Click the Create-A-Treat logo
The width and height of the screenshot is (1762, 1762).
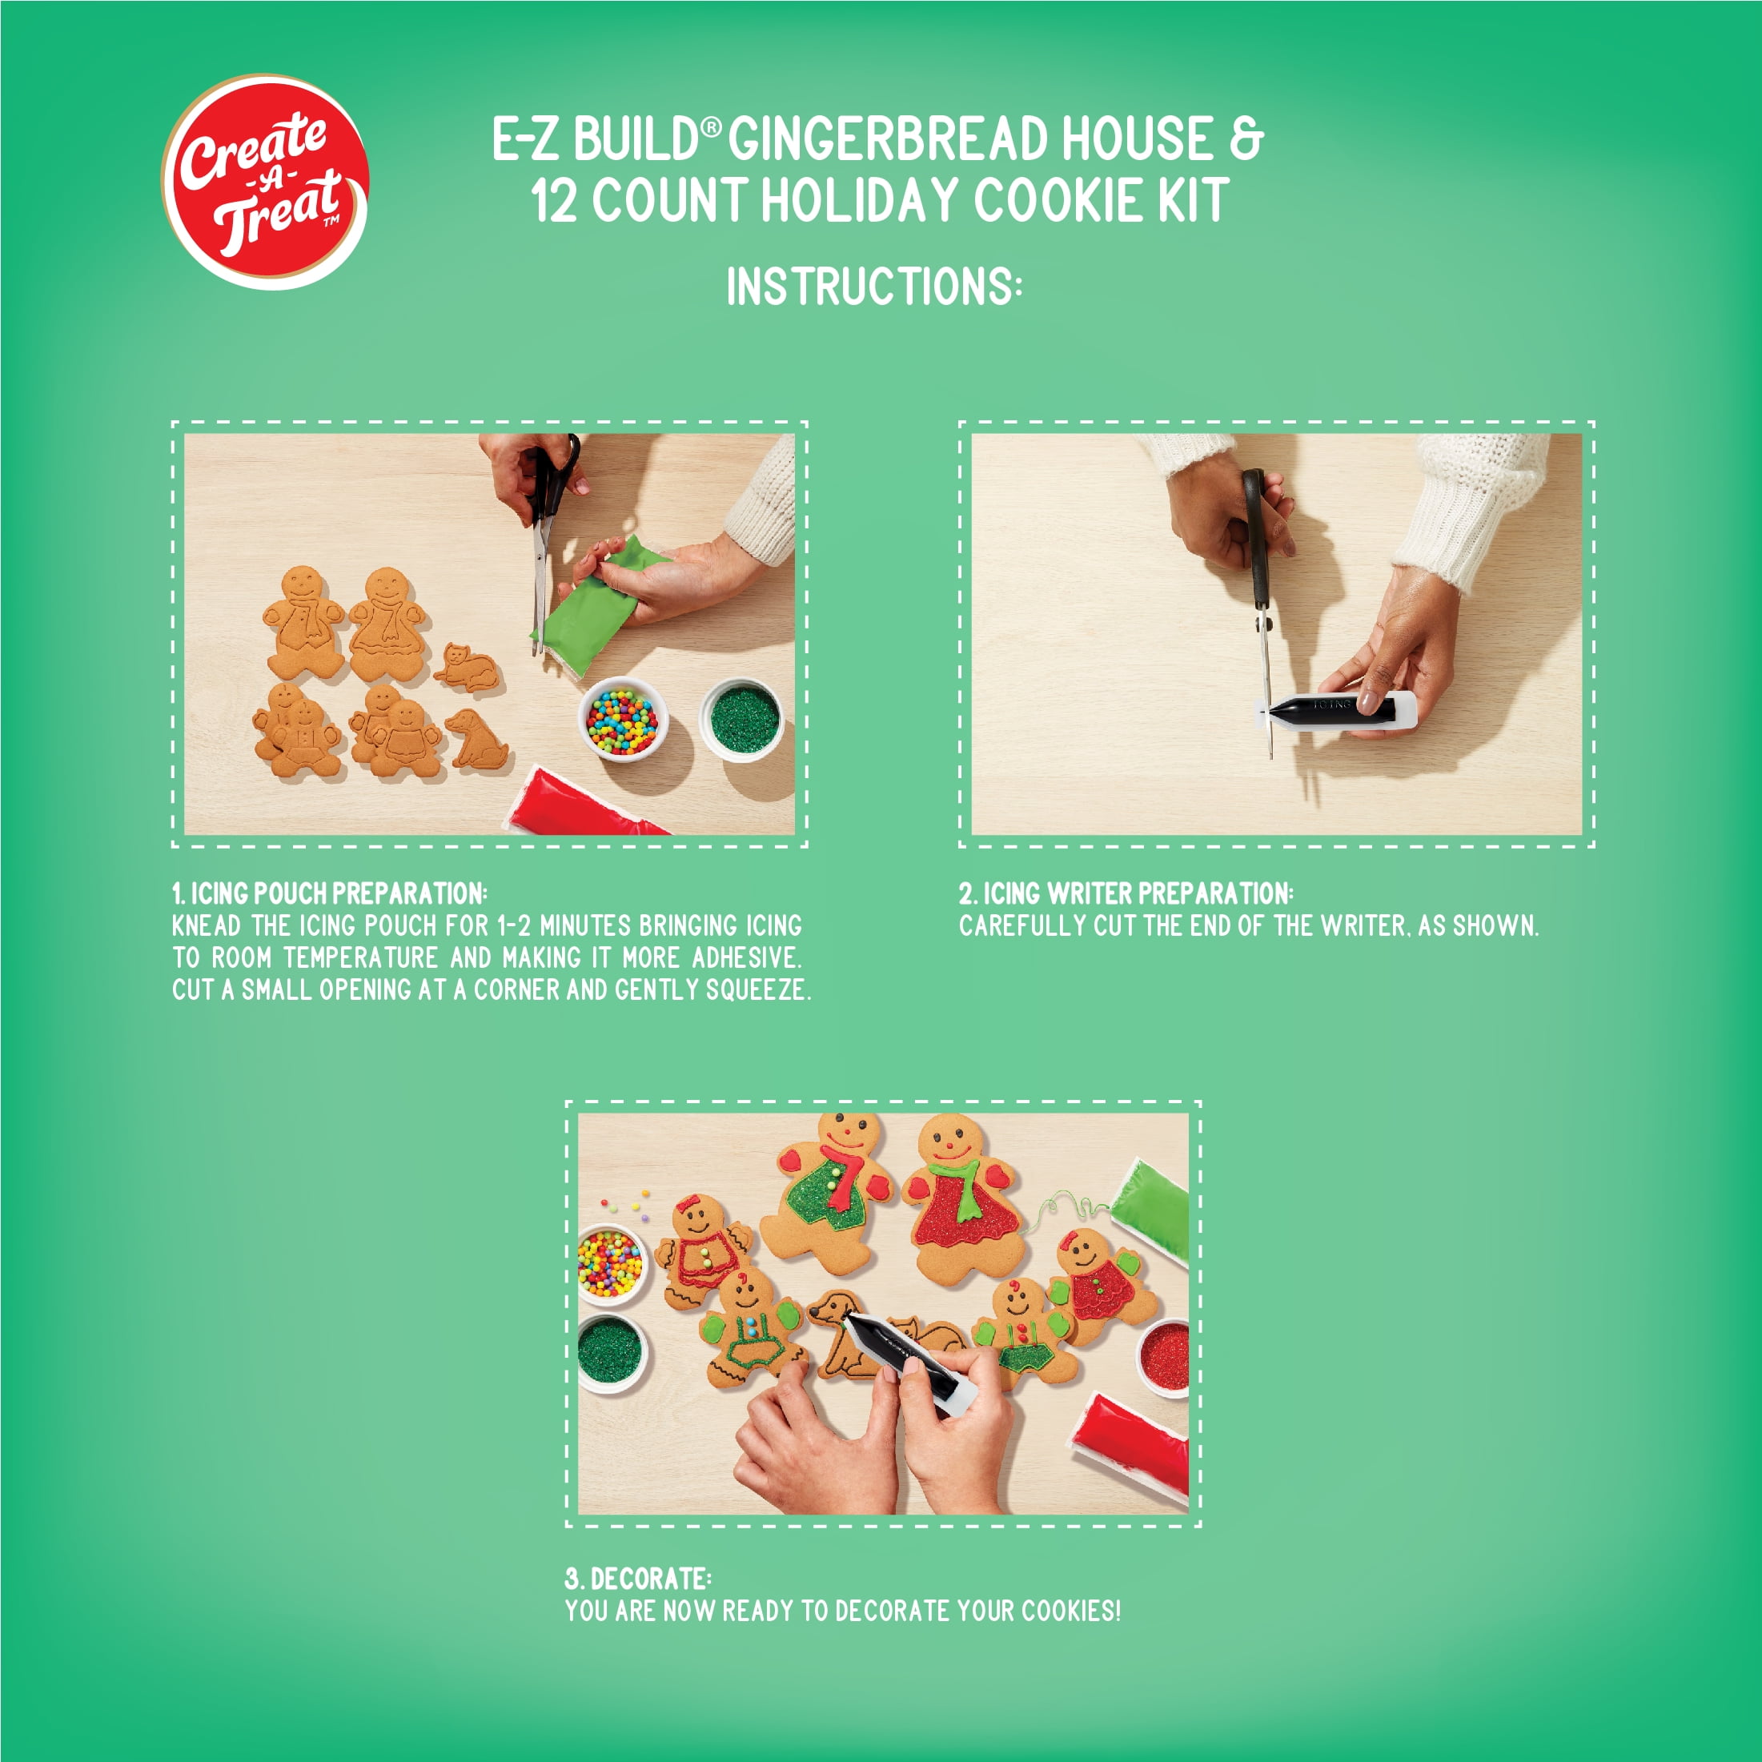click(266, 182)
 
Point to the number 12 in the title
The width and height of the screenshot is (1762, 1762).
click(554, 202)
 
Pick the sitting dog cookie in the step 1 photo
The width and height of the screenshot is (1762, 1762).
click(477, 739)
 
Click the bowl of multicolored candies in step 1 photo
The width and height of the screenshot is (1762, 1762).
click(623, 720)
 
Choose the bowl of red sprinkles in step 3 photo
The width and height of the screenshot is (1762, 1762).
click(1164, 1356)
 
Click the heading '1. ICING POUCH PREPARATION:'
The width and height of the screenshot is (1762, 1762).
click(330, 893)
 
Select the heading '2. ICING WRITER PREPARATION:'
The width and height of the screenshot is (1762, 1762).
click(1126, 893)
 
